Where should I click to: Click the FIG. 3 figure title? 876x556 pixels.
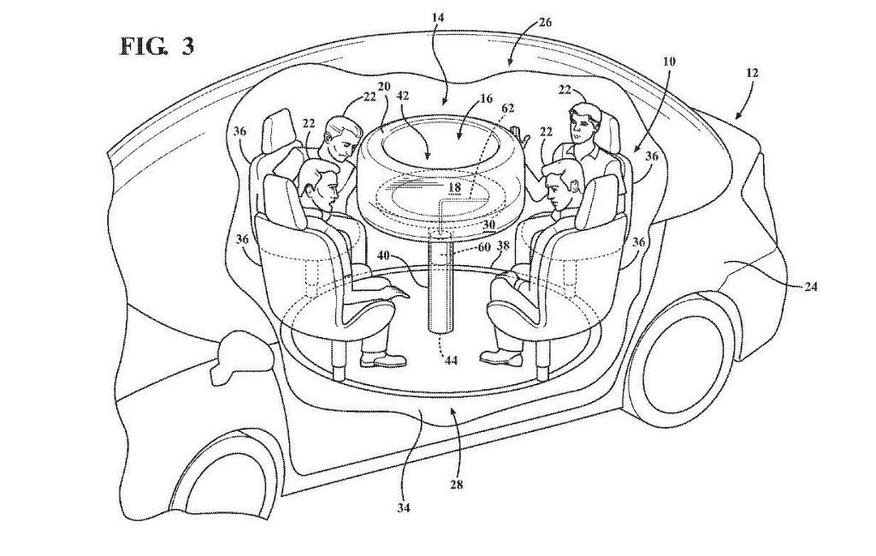pyautogui.click(x=157, y=46)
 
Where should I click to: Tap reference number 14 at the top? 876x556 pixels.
pyautogui.click(x=438, y=17)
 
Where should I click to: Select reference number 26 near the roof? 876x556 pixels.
pyautogui.click(x=545, y=22)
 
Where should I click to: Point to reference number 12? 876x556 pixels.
pyautogui.click(x=751, y=73)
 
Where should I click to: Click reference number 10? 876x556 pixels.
pyautogui.click(x=669, y=61)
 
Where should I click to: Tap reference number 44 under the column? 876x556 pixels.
pyautogui.click(x=451, y=361)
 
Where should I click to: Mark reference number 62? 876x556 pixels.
pyautogui.click(x=507, y=109)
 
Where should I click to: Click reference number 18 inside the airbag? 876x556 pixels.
pyautogui.click(x=455, y=187)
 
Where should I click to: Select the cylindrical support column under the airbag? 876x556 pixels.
pyautogui.click(x=441, y=284)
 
